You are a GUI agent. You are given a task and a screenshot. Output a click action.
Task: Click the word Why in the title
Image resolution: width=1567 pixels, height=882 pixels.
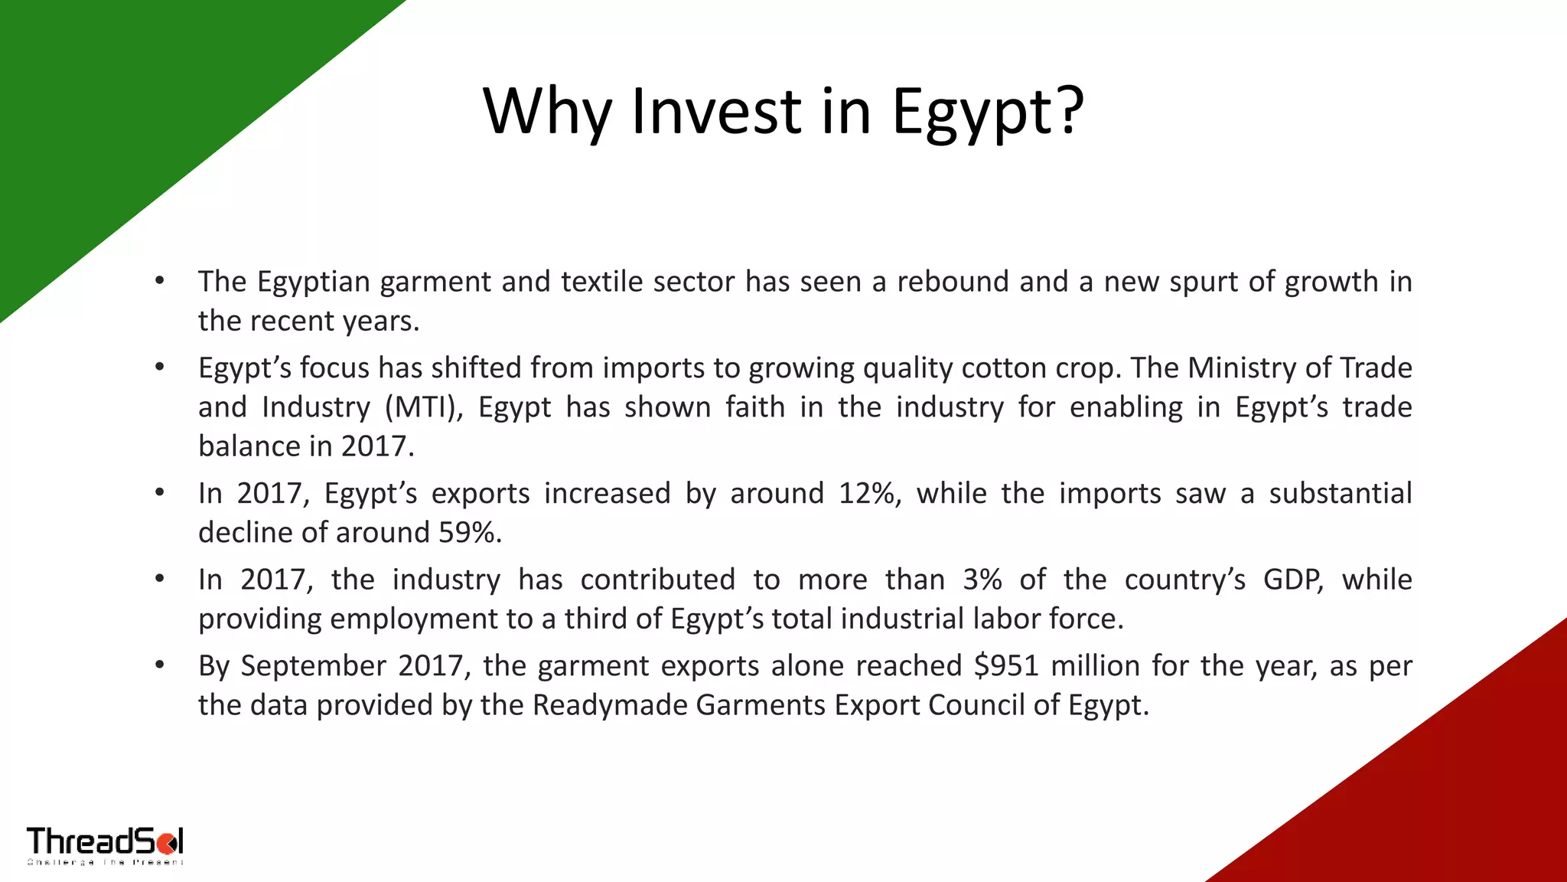pyautogui.click(x=546, y=112)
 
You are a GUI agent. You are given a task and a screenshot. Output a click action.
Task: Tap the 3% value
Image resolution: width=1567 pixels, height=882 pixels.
pyautogui.click(x=982, y=580)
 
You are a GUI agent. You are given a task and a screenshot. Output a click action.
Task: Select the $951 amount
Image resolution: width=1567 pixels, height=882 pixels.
pyautogui.click(x=1006, y=666)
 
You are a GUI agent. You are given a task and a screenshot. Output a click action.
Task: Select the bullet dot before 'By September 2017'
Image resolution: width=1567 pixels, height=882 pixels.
pyautogui.click(x=159, y=665)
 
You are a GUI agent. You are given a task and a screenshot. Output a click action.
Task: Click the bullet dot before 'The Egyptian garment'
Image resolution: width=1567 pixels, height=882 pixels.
pyautogui.click(x=159, y=281)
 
